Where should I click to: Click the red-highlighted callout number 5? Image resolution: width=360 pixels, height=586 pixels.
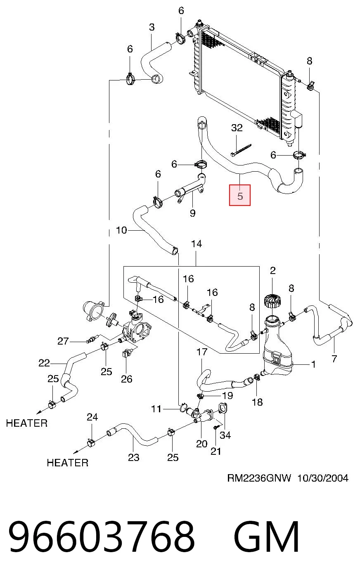[240, 196]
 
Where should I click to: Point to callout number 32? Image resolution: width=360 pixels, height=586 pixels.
[237, 128]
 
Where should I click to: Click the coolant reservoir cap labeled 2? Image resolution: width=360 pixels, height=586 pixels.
[272, 302]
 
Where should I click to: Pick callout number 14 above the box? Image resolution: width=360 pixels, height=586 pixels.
[197, 244]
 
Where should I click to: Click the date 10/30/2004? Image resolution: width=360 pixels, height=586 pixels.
[323, 478]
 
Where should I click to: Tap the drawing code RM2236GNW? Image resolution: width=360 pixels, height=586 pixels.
[259, 478]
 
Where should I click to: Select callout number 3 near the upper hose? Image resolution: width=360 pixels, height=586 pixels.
[152, 27]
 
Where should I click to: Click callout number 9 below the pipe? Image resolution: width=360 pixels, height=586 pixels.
[192, 213]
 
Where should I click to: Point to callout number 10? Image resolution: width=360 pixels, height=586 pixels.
[121, 230]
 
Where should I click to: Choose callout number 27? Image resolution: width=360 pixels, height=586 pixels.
[63, 341]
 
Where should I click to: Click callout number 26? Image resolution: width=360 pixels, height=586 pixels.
[127, 379]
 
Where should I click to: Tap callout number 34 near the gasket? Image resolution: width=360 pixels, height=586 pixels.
[225, 435]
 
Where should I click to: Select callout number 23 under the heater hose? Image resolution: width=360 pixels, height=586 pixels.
[133, 457]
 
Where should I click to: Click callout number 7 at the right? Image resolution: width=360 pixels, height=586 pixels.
[334, 359]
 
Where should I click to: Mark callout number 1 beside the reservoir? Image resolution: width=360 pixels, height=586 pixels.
[313, 364]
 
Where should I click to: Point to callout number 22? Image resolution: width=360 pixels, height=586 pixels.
[44, 363]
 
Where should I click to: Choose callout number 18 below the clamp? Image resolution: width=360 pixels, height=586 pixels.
[257, 402]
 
